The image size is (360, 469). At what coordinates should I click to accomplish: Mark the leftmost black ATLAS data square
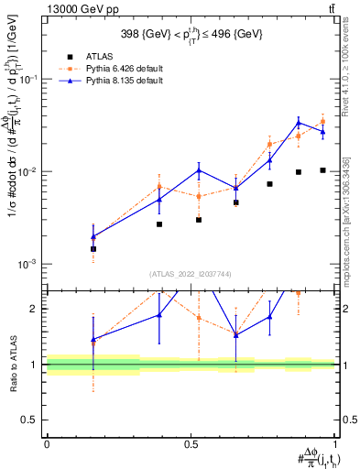93,248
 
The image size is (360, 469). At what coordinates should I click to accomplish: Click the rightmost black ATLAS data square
322,170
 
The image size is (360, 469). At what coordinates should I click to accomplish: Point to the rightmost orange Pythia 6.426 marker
322,121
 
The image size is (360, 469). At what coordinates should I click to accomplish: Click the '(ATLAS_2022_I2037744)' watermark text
191,274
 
